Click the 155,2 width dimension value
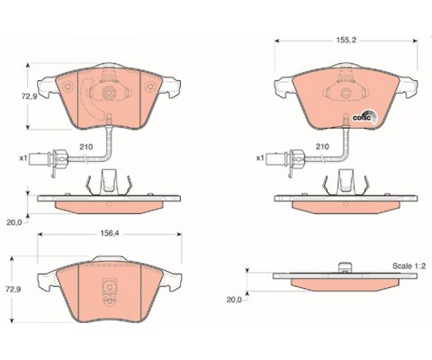pyautogui.click(x=346, y=40)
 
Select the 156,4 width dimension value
pyautogui.click(x=110, y=233)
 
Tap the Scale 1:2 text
pyautogui.click(x=409, y=265)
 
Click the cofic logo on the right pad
pyautogui.click(x=364, y=117)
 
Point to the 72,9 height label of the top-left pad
pyautogui.click(x=29, y=96)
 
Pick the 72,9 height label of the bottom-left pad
pyautogui.click(x=14, y=289)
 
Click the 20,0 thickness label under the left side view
pyautogui.click(x=14, y=222)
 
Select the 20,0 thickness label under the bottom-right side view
pyautogui.click(x=234, y=300)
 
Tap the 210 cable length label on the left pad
pyautogui.click(x=86, y=147)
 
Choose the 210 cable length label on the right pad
pyautogui.click(x=322, y=147)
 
